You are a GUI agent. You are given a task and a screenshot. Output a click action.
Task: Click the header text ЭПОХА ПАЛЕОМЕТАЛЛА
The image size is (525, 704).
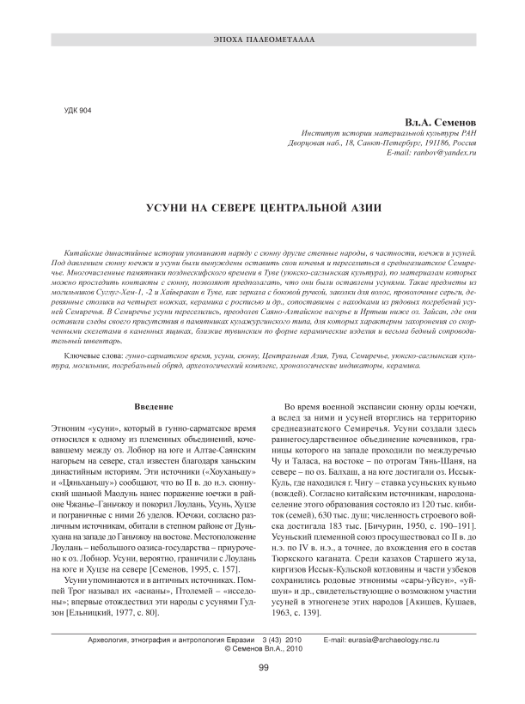263,41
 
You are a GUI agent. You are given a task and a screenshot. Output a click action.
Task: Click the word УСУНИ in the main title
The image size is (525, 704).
172,208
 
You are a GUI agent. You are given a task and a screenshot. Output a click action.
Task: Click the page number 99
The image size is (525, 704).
263,667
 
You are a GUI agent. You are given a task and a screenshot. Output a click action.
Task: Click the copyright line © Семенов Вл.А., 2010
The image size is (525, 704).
263,649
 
